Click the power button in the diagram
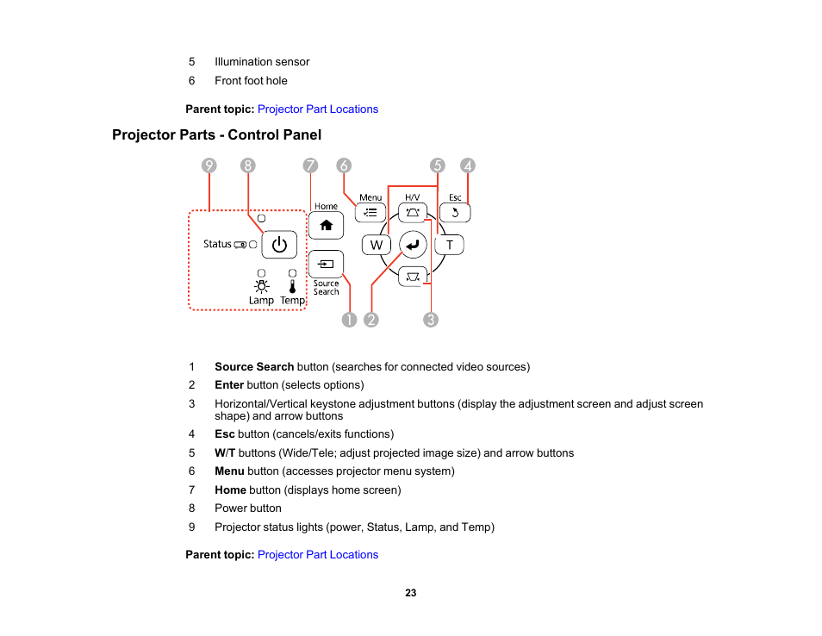(x=278, y=245)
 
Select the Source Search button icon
(x=326, y=263)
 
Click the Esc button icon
(x=455, y=212)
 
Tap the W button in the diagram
(x=376, y=245)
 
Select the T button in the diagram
(x=449, y=245)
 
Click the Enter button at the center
(x=413, y=245)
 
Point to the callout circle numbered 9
(x=209, y=165)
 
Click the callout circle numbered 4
(x=468, y=165)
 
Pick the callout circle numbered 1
(x=348, y=320)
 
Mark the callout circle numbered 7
(x=310, y=165)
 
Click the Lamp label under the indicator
(x=261, y=301)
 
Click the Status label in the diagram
(x=217, y=244)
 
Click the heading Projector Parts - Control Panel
(x=216, y=135)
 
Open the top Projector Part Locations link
(x=318, y=109)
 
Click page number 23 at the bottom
(x=411, y=593)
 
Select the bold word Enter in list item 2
(x=229, y=385)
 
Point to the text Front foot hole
(x=251, y=81)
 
